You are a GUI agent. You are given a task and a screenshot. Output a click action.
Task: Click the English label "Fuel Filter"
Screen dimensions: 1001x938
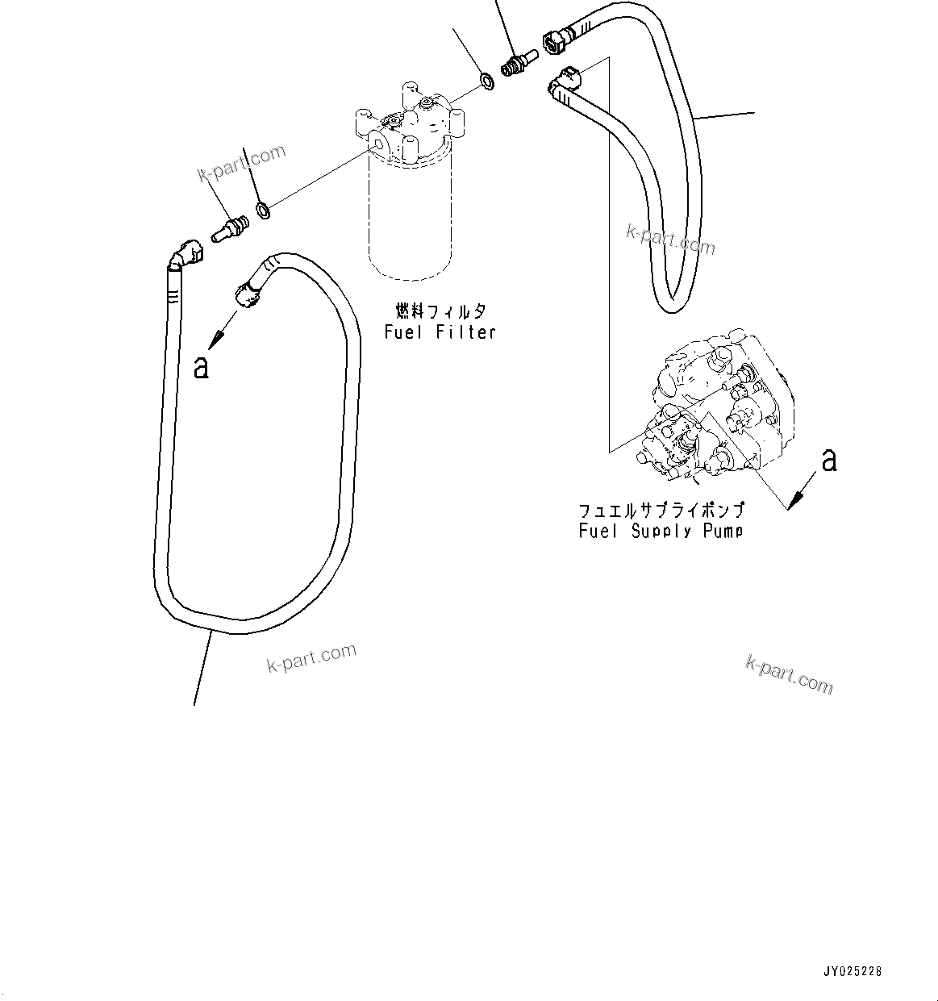click(x=440, y=332)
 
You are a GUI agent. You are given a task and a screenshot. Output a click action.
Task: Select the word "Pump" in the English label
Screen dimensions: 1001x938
click(x=723, y=531)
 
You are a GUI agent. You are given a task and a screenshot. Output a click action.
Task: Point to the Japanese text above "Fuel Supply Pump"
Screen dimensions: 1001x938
click(x=661, y=511)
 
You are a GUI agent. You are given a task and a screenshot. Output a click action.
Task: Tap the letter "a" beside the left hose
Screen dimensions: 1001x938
click(x=202, y=368)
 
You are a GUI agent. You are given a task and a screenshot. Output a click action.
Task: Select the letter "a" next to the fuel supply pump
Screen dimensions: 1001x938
click(x=829, y=460)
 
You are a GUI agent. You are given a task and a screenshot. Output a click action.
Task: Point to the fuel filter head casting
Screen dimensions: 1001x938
click(x=407, y=121)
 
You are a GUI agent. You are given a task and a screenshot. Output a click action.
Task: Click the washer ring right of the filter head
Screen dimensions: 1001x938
click(x=487, y=80)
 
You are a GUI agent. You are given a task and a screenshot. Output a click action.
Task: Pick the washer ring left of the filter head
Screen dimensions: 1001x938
click(x=263, y=211)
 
